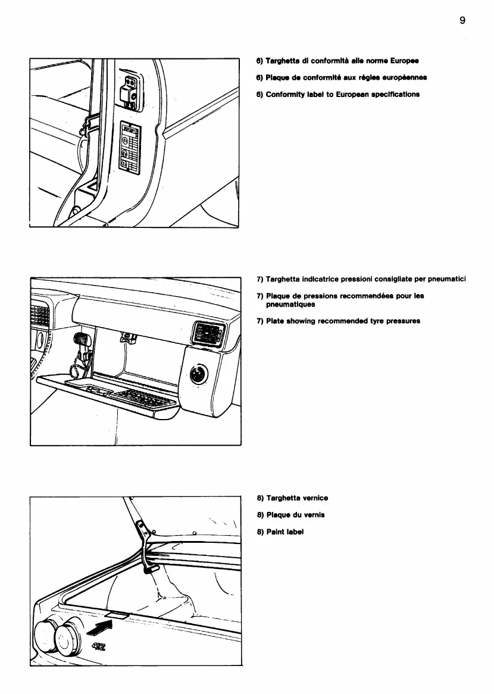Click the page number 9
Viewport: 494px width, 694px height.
(462, 20)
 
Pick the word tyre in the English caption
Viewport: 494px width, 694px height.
(365, 321)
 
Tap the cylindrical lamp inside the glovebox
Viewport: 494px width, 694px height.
(80, 341)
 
